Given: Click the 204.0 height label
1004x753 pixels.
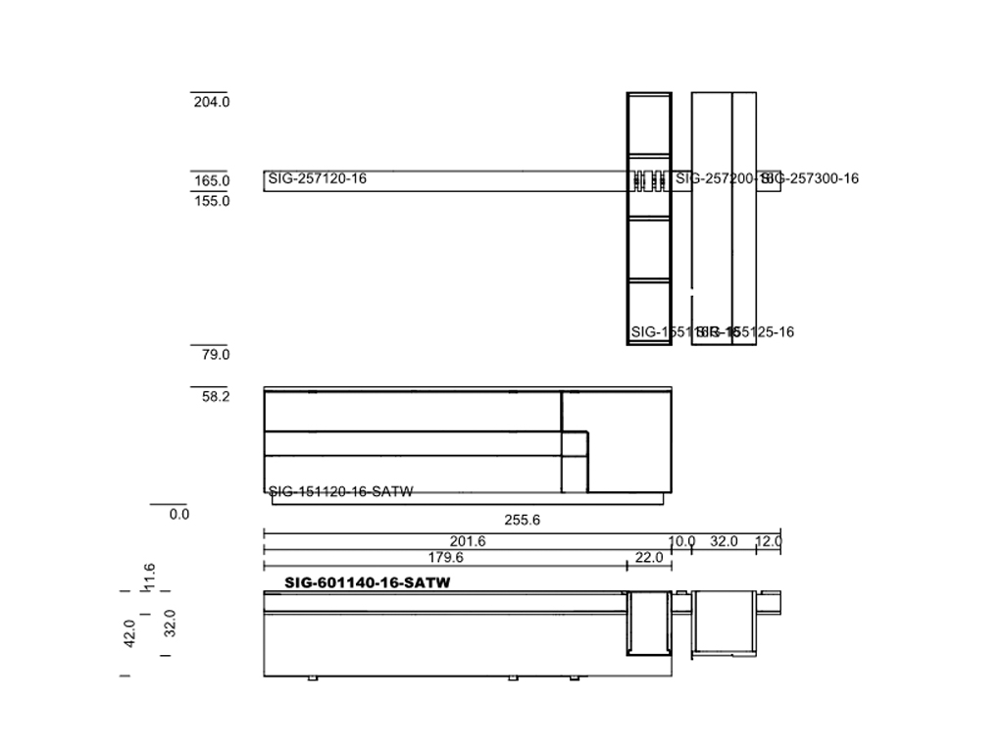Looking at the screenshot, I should [x=212, y=102].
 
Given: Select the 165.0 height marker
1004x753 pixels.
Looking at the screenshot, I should [x=212, y=181].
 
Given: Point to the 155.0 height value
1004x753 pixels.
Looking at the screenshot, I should [x=212, y=201].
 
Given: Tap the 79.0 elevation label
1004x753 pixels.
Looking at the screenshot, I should [x=215, y=355].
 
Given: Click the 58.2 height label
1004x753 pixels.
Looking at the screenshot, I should [x=215, y=397].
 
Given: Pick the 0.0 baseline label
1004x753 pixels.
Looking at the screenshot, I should [x=178, y=515].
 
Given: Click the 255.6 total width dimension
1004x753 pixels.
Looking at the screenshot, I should [x=522, y=521].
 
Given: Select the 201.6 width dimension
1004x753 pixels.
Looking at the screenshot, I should [x=468, y=542].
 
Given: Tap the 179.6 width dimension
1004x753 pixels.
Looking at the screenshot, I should [x=445, y=558].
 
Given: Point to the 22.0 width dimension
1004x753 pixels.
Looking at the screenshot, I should [x=649, y=558].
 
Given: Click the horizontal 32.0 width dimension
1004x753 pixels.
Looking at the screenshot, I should [x=724, y=542].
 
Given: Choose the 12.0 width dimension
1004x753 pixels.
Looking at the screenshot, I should [x=768, y=542].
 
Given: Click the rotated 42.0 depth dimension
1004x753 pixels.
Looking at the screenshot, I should [x=129, y=633].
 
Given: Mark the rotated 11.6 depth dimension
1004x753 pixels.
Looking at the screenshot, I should [x=149, y=577].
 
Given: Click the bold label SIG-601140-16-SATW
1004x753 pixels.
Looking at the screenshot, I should [x=367, y=582].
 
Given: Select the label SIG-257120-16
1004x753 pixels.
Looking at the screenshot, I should [x=317, y=178].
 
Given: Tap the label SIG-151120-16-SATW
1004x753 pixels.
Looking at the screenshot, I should [x=340, y=492].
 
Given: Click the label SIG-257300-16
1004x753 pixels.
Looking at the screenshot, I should [x=810, y=178].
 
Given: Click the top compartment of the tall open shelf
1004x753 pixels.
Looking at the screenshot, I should [x=649, y=124].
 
